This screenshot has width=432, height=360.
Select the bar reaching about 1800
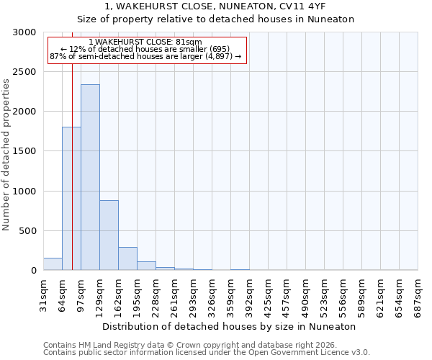pyautogui.click(x=71, y=199)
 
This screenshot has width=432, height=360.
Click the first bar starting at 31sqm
pyautogui.click(x=53, y=264)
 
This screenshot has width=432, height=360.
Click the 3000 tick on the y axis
pyautogui.click(x=25, y=32)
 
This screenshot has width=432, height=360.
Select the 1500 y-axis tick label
pyautogui.click(x=25, y=151)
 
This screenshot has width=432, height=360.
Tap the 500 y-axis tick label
pyautogui.click(x=28, y=231)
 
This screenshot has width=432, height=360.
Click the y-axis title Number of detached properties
pyautogui.click(x=6, y=155)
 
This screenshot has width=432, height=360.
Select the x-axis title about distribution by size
pyautogui.click(x=230, y=326)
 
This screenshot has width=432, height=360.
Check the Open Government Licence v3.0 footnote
pyautogui.click(x=207, y=353)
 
